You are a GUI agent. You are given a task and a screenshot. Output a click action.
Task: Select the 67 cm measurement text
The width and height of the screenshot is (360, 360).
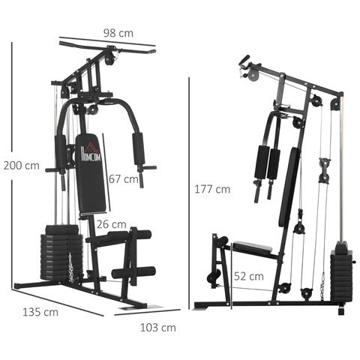click(x=123, y=178)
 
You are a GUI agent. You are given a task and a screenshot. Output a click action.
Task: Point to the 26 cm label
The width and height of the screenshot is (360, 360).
click(x=111, y=223)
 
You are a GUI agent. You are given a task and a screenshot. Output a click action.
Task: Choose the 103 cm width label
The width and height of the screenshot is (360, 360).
click(x=158, y=327)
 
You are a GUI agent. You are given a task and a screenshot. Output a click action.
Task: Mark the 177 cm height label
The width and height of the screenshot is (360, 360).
click(x=211, y=189)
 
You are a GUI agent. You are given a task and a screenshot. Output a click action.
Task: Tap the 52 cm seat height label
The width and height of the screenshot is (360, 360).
click(x=248, y=276)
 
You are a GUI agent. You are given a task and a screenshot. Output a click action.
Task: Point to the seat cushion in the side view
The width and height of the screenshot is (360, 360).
click(x=255, y=247)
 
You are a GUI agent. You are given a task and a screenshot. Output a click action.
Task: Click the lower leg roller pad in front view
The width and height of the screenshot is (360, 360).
click(x=133, y=271)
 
